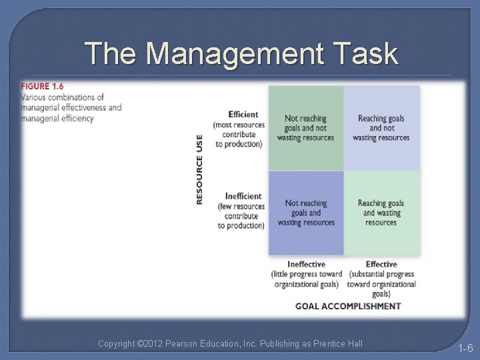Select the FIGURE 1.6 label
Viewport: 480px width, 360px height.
[x=43, y=87]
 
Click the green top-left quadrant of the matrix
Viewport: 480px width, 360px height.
[x=306, y=128]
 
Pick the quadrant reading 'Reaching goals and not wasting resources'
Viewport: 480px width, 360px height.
[x=381, y=128]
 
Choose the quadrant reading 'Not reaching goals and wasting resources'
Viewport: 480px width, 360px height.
[x=306, y=213]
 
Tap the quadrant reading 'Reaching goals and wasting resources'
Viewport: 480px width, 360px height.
[x=381, y=213]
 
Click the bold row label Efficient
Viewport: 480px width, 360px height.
[x=243, y=115]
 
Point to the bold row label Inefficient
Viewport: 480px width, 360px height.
[x=243, y=196]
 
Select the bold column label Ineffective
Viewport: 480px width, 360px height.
[x=306, y=265]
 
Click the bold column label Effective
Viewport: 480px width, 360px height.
[x=381, y=265]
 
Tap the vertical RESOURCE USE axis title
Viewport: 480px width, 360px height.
[x=199, y=169]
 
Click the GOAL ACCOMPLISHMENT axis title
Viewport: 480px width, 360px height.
[x=348, y=306]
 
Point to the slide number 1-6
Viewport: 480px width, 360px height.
[x=465, y=348]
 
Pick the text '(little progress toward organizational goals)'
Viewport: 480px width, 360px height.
[x=306, y=279]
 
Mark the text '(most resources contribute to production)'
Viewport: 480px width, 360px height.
[x=239, y=134]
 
